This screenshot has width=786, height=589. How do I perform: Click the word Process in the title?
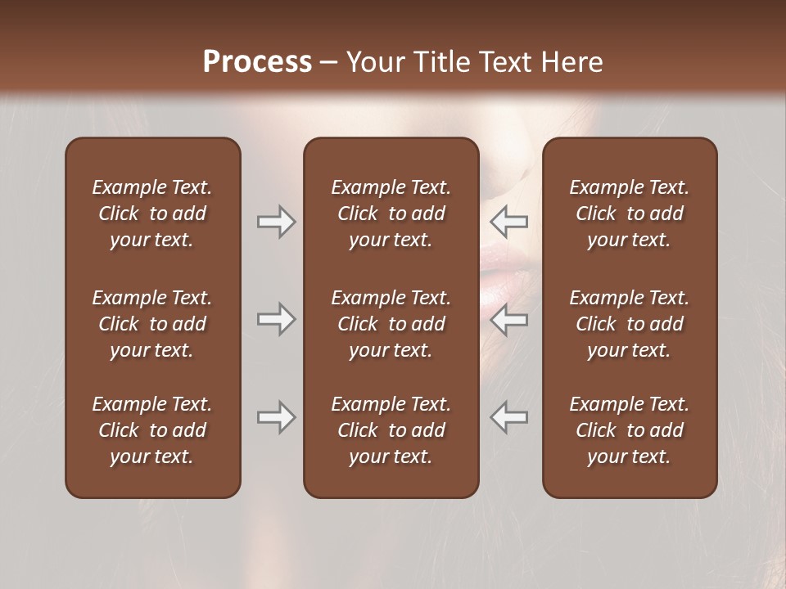click(x=257, y=62)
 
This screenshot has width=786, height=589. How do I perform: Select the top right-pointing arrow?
click(x=276, y=222)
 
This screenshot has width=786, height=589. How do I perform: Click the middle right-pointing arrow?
click(x=276, y=319)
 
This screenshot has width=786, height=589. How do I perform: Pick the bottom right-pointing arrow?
click(x=276, y=417)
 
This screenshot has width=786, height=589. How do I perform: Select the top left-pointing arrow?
click(x=509, y=222)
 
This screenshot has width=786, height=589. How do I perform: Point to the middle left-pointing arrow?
click(x=509, y=319)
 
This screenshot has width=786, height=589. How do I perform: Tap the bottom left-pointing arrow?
click(x=509, y=417)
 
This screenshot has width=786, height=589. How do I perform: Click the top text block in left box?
click(x=152, y=214)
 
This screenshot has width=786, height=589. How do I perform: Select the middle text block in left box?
click(x=152, y=324)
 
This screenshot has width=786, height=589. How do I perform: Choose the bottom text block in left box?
click(x=152, y=430)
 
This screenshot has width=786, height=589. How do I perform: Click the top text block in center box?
click(x=391, y=214)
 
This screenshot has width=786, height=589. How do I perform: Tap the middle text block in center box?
click(x=391, y=324)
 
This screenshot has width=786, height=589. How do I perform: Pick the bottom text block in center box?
click(x=391, y=430)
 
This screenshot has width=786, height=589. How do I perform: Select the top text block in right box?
click(x=629, y=214)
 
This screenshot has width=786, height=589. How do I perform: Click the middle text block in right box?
click(x=629, y=324)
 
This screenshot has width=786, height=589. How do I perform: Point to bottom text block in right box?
click(x=629, y=430)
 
